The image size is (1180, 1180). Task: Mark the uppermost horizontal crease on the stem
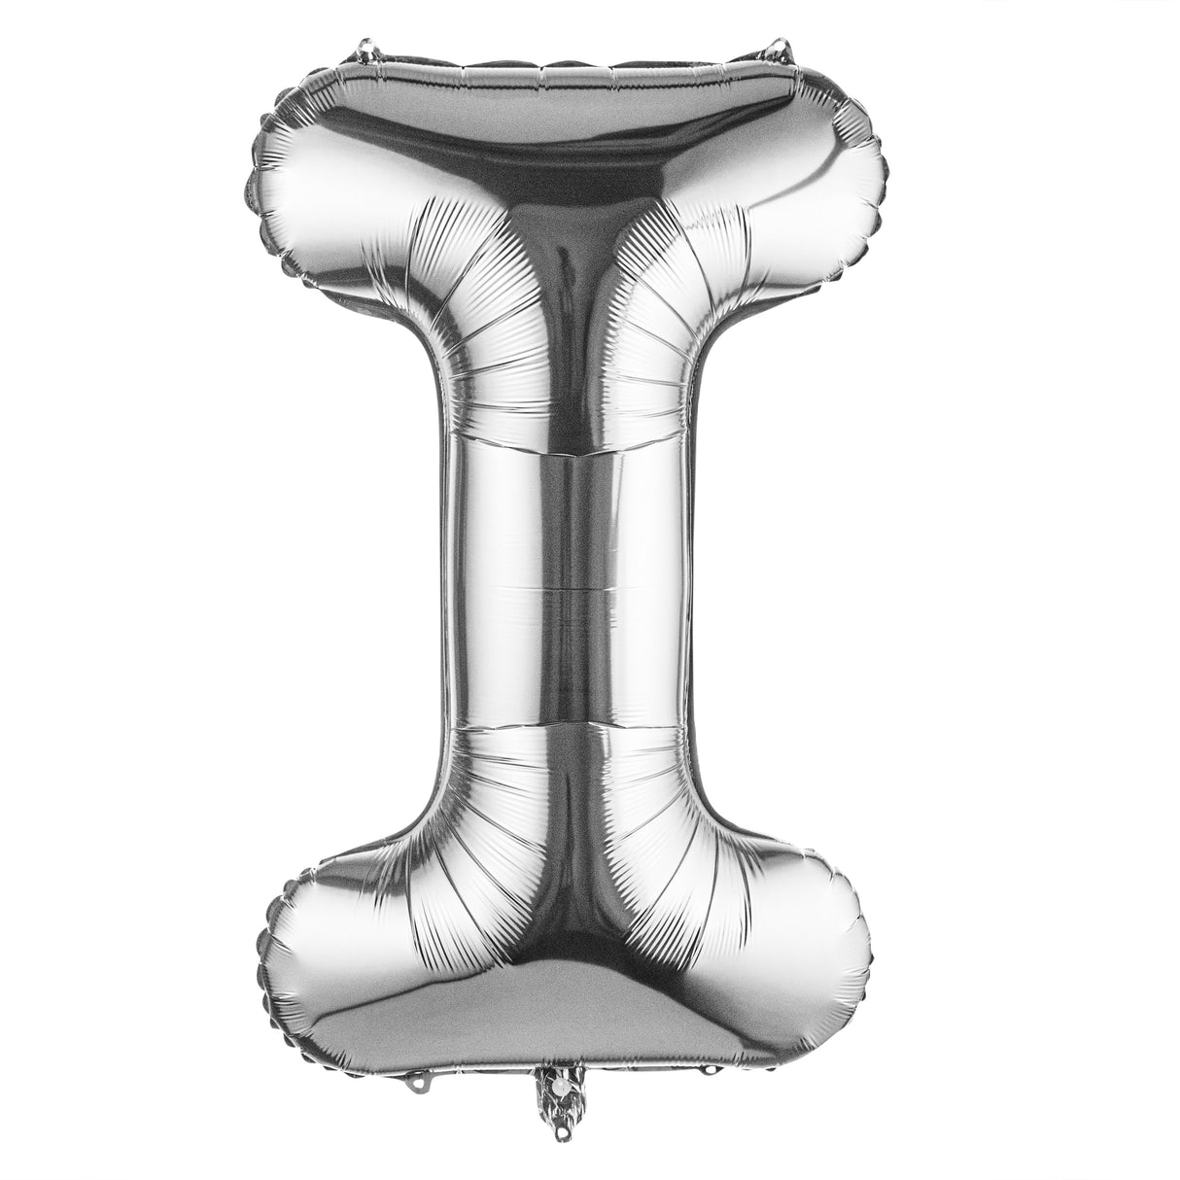[x=569, y=453]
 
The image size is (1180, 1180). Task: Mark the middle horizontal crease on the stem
[x=569, y=587]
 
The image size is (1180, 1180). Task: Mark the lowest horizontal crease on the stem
[x=569, y=722]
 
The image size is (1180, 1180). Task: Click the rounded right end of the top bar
[x=855, y=194]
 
